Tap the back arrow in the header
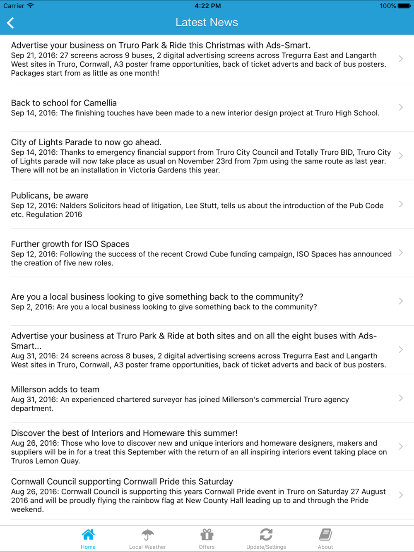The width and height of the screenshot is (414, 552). pos(11,23)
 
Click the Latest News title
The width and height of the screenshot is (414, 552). pos(207,22)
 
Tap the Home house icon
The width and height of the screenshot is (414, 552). pos(88,535)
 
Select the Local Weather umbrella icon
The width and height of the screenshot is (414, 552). pos(147,535)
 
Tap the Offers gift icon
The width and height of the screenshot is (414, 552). pos(207,535)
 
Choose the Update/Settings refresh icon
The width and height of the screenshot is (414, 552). pos(266,535)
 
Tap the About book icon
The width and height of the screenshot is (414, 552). pos(325,535)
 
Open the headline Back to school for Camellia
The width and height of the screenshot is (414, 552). pos(64,103)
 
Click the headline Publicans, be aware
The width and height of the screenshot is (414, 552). pos(50,195)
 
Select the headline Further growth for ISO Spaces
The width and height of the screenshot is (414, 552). pos(70,244)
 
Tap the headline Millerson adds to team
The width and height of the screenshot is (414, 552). pos(55,389)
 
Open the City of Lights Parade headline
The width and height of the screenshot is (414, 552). pos(86,142)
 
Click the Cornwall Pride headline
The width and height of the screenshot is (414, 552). pos(122,481)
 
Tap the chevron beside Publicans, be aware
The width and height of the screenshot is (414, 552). pos(401,204)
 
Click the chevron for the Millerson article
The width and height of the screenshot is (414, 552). pos(401,398)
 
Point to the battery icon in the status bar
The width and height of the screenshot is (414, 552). pos(404,6)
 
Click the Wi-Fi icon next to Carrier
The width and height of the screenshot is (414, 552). pos(30,6)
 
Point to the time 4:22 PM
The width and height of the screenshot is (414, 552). pos(207,6)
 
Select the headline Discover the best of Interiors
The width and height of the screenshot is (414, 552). pos(124,433)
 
